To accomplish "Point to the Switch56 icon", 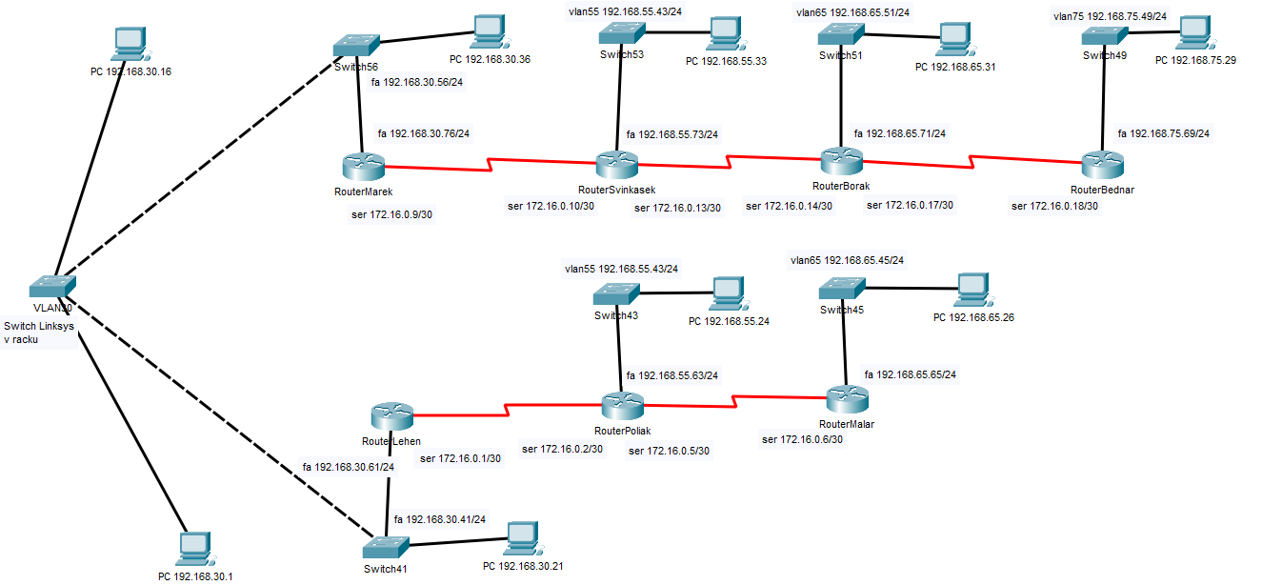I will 357,46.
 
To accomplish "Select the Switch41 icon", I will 387,549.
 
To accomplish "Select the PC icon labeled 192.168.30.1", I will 195,547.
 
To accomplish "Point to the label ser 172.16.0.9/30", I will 392,215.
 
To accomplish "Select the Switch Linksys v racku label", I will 39,333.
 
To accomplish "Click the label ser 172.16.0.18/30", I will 1054,206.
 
